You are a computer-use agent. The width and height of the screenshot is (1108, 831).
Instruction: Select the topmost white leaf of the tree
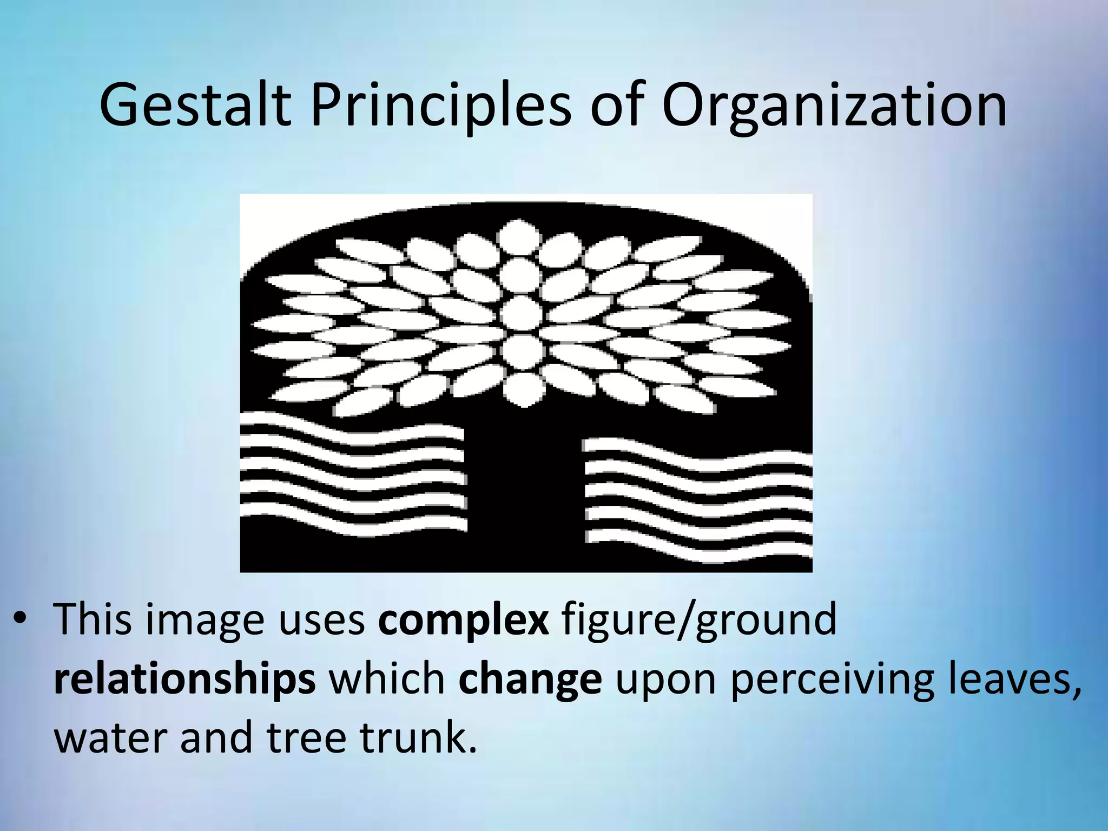pyautogui.click(x=519, y=235)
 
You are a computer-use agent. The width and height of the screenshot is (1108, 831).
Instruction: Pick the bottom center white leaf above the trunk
pyautogui.click(x=523, y=388)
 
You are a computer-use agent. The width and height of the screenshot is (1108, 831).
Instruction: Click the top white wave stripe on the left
pyautogui.click(x=352, y=430)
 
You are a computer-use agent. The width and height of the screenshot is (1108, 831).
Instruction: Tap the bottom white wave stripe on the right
pyautogui.click(x=698, y=552)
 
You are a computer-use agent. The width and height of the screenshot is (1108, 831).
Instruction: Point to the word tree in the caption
pyautogui.click(x=306, y=738)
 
